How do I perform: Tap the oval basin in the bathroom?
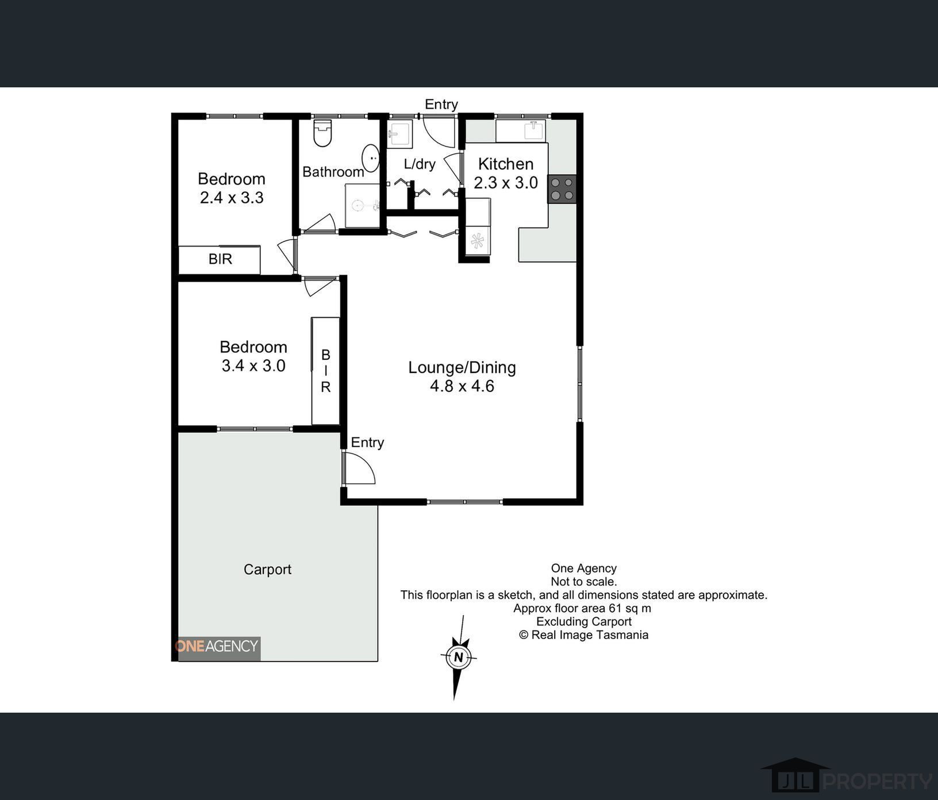[371, 158]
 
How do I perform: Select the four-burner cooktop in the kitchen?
[562, 189]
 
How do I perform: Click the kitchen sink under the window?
[535, 130]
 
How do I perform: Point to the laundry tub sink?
[399, 134]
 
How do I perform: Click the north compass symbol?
[458, 657]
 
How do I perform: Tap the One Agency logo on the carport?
[217, 648]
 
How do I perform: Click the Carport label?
[267, 570]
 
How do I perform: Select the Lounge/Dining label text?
[462, 368]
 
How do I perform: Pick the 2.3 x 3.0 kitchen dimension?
[506, 183]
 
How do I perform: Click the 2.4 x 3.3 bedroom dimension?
[232, 198]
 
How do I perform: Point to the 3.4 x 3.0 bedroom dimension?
[253, 366]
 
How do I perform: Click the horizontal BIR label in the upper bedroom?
[220, 259]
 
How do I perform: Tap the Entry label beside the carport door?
[367, 443]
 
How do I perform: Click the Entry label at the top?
[441, 105]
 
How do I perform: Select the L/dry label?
[420, 164]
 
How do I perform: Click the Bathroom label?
[333, 172]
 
